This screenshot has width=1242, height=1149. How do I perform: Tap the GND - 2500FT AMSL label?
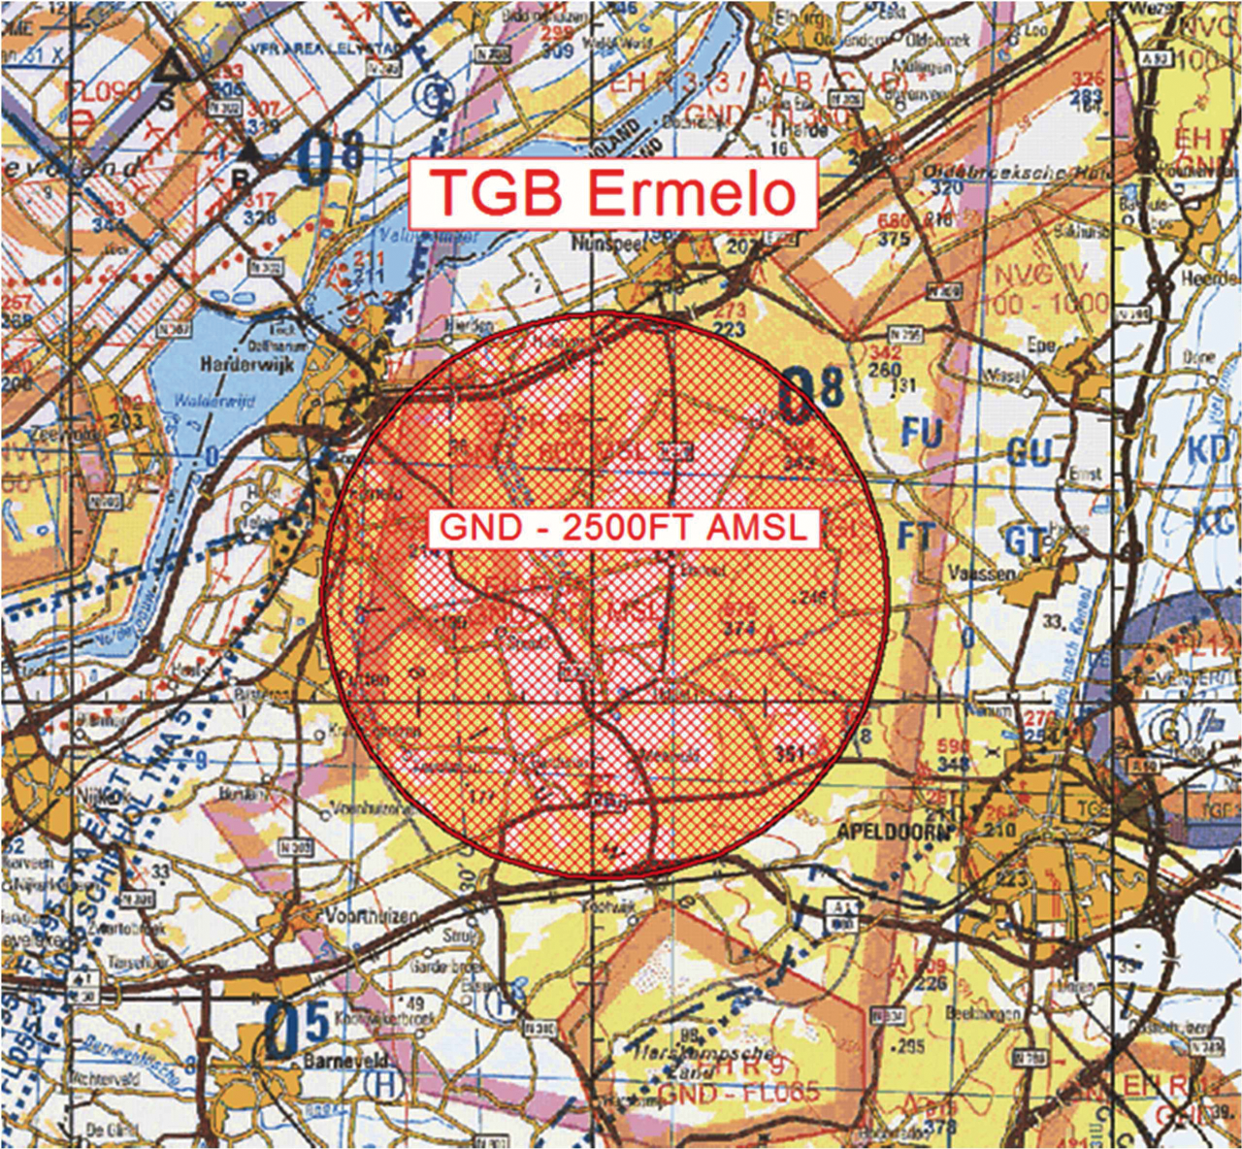(x=624, y=528)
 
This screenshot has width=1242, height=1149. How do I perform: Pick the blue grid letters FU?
(x=921, y=433)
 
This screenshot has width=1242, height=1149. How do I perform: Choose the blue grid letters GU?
(x=1029, y=452)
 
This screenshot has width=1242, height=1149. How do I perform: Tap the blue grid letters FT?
(x=914, y=537)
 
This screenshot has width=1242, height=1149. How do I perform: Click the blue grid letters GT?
(x=1025, y=542)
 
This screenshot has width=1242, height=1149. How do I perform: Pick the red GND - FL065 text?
(x=737, y=1094)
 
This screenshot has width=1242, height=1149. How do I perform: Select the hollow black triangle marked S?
(x=173, y=68)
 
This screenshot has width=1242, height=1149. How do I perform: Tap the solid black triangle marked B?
(x=253, y=152)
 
